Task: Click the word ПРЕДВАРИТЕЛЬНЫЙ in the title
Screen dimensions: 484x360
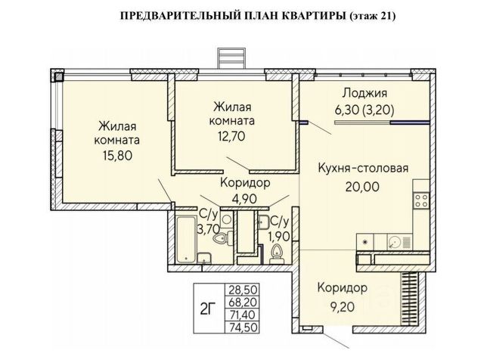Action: tap(164, 15)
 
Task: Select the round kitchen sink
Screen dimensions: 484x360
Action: tap(394, 242)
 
